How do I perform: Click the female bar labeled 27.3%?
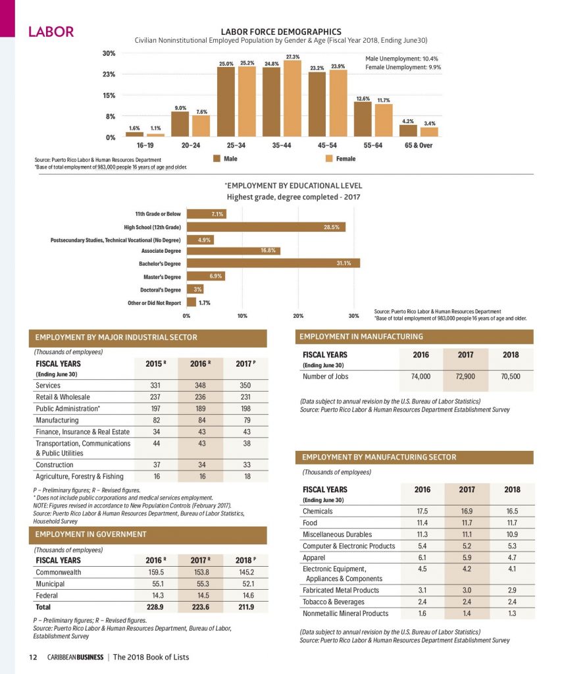[x=293, y=99]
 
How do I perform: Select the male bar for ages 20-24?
[x=180, y=124]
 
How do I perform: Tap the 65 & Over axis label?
[x=419, y=145]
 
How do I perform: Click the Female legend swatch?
[x=329, y=159]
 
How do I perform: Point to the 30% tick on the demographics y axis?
[x=109, y=53]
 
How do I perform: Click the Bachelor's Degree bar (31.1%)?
[x=273, y=263]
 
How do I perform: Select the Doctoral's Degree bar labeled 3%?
[x=195, y=290]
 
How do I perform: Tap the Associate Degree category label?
[x=161, y=251]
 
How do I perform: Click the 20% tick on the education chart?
[x=298, y=316]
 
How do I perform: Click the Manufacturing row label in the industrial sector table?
[x=57, y=421]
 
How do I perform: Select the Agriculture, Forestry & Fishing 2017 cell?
[x=247, y=477]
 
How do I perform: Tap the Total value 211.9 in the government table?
[x=246, y=607]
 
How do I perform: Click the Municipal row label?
[x=50, y=584]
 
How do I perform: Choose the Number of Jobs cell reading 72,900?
[x=465, y=376]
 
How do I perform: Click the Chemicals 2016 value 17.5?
[x=422, y=511]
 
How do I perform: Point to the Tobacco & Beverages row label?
[x=334, y=602]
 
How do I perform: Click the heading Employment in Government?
[x=91, y=534]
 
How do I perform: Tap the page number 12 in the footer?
[x=33, y=658]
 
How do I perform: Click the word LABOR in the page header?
[x=51, y=32]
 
